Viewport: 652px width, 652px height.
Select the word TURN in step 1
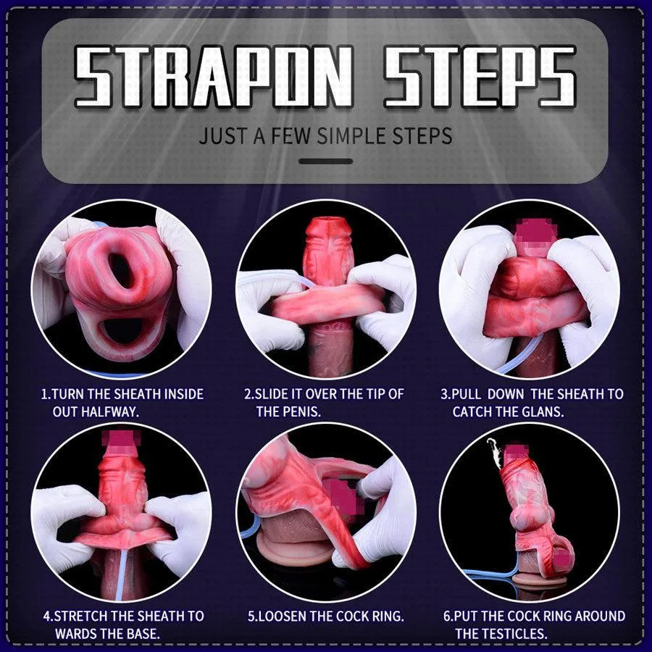pos(68,395)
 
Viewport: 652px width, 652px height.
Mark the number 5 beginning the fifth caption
pos(251,617)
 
